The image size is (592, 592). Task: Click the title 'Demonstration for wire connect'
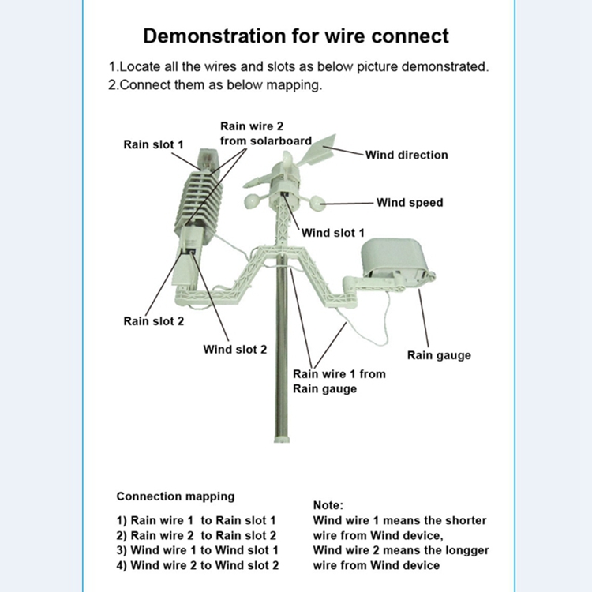(x=296, y=36)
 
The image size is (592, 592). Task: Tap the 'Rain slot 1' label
(x=153, y=144)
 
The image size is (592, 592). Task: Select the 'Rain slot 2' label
(x=153, y=321)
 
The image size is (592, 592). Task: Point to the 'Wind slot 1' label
(x=334, y=233)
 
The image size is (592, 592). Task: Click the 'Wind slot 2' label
(x=235, y=349)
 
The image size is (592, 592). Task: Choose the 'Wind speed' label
(x=410, y=203)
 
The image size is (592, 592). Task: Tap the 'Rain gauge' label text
(x=439, y=355)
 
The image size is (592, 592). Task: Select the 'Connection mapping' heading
(x=175, y=496)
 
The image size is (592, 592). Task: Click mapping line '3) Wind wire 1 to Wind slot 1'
(x=197, y=550)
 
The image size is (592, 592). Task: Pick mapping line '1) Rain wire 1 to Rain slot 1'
(x=196, y=520)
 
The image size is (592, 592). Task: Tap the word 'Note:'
(x=328, y=505)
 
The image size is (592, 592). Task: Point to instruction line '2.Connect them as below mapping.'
(x=215, y=85)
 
